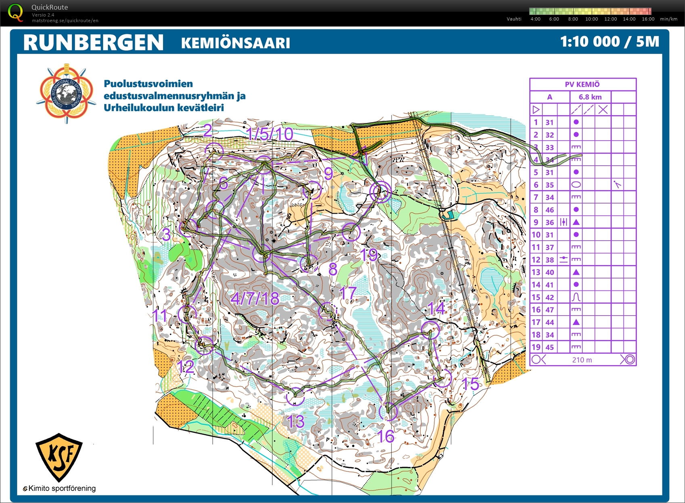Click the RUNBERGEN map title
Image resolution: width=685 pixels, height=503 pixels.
pyautogui.click(x=93, y=42)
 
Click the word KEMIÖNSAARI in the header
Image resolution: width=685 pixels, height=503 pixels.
pyautogui.click(x=235, y=43)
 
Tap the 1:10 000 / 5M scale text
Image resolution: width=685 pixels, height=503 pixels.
pyautogui.click(x=609, y=42)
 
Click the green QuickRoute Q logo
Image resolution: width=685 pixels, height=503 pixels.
pyautogui.click(x=15, y=12)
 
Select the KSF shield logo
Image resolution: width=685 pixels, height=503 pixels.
pyautogui.click(x=59, y=457)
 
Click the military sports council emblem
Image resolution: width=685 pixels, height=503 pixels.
pyautogui.click(x=66, y=93)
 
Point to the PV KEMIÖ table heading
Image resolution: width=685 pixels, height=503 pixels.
pyautogui.click(x=582, y=84)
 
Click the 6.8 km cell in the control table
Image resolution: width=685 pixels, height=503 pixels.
pyautogui.click(x=590, y=97)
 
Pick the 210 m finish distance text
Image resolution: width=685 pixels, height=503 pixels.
pyautogui.click(x=582, y=360)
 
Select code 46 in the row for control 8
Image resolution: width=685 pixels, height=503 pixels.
pyautogui.click(x=549, y=210)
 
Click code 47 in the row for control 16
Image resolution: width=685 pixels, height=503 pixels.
pyautogui.click(x=549, y=310)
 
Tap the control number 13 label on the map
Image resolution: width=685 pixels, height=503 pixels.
pyautogui.click(x=295, y=422)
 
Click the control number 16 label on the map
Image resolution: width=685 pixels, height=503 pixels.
pyautogui.click(x=385, y=436)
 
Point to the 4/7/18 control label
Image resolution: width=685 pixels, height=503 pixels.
pyautogui.click(x=255, y=299)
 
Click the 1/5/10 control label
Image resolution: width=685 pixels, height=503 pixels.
pyautogui.click(x=269, y=134)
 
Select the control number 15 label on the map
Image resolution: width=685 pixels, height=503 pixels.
pyautogui.click(x=470, y=384)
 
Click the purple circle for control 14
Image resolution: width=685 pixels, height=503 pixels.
pyautogui.click(x=430, y=330)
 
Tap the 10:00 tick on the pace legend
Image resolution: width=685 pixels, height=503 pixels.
pyautogui.click(x=591, y=19)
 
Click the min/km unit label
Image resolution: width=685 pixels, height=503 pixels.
pyautogui.click(x=668, y=19)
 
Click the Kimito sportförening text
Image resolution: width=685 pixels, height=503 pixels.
pyautogui.click(x=62, y=488)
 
